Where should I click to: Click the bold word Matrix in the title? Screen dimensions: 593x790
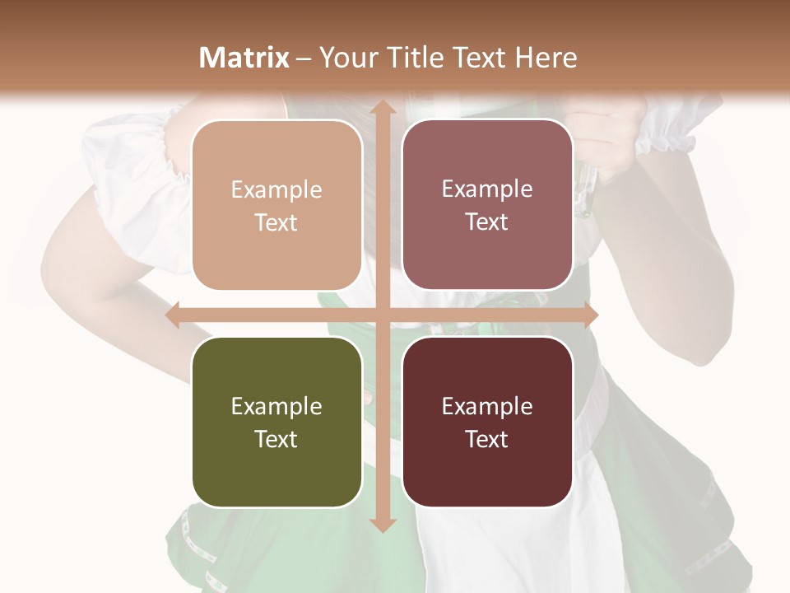(244, 58)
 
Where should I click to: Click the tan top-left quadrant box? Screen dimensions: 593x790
(276, 206)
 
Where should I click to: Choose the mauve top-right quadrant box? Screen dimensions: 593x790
(487, 205)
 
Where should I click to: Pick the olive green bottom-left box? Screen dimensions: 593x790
(276, 422)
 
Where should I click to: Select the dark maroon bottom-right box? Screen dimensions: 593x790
(487, 422)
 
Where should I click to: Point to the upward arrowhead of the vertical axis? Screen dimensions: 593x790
(382, 106)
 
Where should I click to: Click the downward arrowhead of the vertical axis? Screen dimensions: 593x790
(382, 525)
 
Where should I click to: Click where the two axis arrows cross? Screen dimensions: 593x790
(382, 315)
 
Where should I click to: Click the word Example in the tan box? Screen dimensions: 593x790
(276, 190)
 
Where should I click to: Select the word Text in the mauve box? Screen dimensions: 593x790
(487, 222)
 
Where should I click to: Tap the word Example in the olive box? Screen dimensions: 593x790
(276, 406)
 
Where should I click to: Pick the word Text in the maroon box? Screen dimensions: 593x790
(487, 439)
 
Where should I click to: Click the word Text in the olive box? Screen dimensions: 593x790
(276, 439)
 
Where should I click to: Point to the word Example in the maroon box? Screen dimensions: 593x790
(487, 406)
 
